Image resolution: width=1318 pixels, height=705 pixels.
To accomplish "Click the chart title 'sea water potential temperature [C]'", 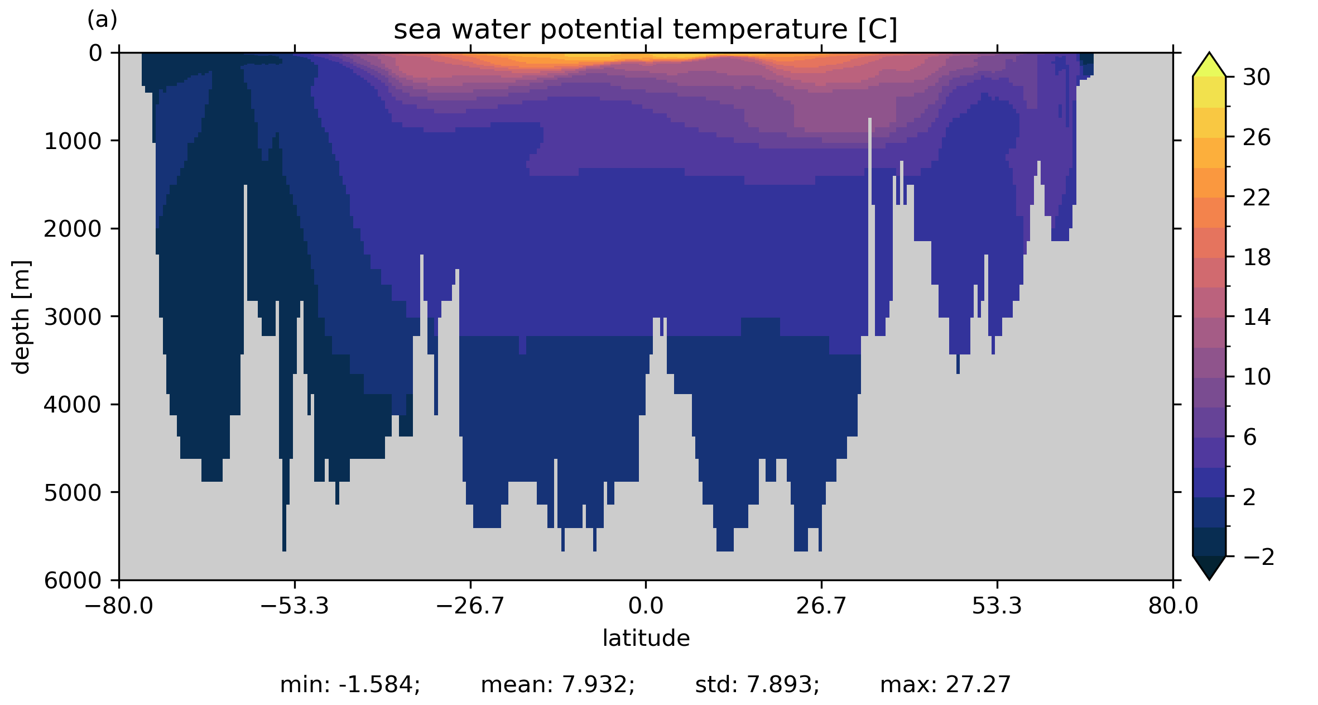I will tap(645, 30).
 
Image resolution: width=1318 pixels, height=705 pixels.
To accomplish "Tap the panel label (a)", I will tap(102, 20).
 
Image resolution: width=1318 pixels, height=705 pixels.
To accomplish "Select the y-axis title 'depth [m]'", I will tap(21, 316).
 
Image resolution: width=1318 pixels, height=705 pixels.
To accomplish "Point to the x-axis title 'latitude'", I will tap(646, 638).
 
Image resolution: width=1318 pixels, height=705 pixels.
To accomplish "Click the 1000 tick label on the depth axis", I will tap(73, 141).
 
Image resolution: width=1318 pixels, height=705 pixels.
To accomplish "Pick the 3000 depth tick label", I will tap(73, 317).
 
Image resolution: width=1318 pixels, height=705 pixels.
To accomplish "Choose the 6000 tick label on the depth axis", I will tap(73, 581).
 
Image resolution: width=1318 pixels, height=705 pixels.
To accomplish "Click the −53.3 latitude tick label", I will tap(295, 606).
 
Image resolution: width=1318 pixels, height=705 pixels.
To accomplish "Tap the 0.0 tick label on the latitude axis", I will tap(646, 606).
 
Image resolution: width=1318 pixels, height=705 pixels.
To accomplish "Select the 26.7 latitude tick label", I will tap(821, 606).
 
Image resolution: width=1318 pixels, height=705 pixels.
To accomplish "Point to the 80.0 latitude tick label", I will tap(1173, 606).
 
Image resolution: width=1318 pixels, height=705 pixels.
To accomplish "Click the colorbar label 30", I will tap(1257, 77).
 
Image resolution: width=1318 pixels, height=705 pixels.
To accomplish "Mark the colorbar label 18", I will tap(1257, 257).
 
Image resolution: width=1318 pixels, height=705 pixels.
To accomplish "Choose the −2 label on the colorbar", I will tap(1259, 557).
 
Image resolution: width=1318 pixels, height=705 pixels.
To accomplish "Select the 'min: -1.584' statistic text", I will tap(350, 685).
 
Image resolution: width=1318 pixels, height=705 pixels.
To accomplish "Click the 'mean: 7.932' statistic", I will tap(557, 685).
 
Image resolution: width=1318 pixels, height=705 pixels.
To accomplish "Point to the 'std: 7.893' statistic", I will tap(757, 685).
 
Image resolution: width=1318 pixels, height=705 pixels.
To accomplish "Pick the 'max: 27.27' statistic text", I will tap(945, 685).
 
